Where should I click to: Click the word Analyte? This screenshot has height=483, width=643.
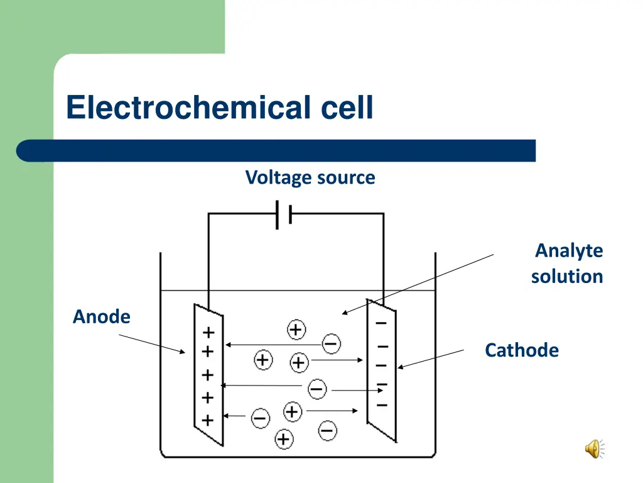click(568, 251)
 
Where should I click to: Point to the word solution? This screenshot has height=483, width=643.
click(566, 276)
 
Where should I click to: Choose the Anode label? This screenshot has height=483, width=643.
click(102, 316)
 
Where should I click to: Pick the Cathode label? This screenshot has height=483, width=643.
click(521, 350)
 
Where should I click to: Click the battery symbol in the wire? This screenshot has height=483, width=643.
click(283, 214)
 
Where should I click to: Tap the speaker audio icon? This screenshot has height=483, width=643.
click(593, 449)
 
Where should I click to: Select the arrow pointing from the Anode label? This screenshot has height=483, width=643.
click(152, 343)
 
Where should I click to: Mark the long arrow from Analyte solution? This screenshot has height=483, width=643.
click(418, 284)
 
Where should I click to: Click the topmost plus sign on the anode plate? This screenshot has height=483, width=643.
click(208, 331)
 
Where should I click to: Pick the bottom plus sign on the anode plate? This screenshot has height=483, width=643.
click(208, 419)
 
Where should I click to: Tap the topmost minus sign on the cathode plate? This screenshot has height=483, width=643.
click(381, 324)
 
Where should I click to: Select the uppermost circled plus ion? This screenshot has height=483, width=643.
click(296, 329)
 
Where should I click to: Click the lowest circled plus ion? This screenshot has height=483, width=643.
click(284, 438)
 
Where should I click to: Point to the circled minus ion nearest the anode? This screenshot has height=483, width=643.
click(260, 417)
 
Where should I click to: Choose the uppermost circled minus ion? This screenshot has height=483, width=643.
click(332, 343)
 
